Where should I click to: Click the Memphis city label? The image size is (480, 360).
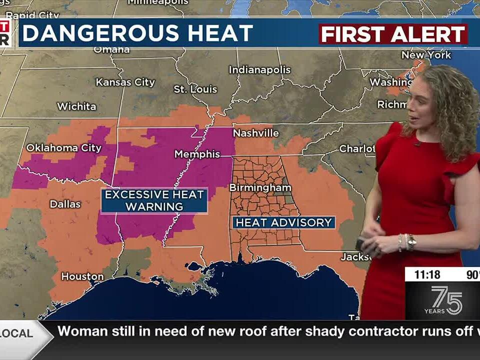[x=197, y=154]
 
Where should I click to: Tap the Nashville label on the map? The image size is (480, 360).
[x=255, y=133]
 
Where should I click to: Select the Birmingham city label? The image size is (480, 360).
[x=260, y=187]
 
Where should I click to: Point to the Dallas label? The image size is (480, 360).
[x=65, y=204]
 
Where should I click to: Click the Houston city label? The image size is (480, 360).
[x=82, y=276]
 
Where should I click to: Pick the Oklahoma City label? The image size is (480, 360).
[x=63, y=148]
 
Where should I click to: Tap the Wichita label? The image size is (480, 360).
[x=76, y=106]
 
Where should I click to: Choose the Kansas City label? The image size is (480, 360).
[x=125, y=82]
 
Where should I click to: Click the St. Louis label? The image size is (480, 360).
[x=195, y=89]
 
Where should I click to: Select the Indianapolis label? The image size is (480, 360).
[x=259, y=70]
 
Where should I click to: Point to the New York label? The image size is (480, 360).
[x=426, y=55]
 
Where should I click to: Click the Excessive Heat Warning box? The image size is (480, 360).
[x=154, y=200]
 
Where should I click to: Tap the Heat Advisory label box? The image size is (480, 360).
[x=283, y=222]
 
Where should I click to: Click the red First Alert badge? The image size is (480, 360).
[x=393, y=34]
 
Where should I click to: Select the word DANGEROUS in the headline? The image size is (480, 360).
[x=100, y=33]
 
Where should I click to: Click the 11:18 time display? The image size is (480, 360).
[x=426, y=274]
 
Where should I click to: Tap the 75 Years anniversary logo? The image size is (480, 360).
[x=443, y=300]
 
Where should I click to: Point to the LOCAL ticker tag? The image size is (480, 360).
[x=20, y=333]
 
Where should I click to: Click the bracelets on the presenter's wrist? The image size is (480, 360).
[x=406, y=242]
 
